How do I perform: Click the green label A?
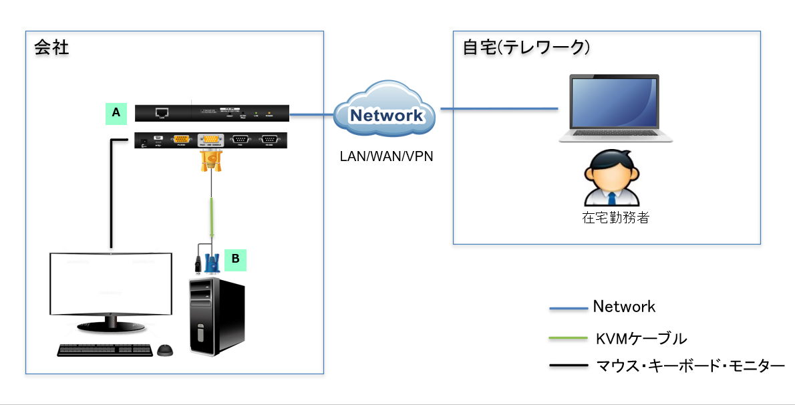pos(116,114)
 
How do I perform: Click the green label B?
pos(235,259)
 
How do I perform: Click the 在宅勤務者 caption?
pos(615,218)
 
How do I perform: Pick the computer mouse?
pos(165,350)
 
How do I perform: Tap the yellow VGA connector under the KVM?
pos(211,161)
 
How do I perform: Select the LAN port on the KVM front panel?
pos(161,113)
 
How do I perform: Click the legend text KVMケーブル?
pos(641,338)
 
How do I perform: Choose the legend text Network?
pos(624,307)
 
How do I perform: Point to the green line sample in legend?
pos(567,339)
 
